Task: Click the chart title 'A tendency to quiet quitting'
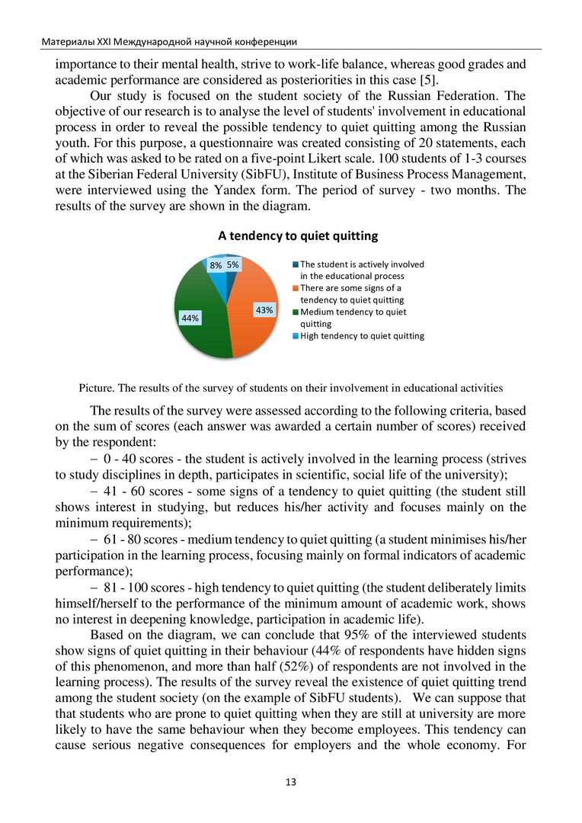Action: (x=298, y=236)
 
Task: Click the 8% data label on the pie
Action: (x=216, y=265)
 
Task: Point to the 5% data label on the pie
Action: (x=233, y=265)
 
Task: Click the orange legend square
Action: (x=296, y=288)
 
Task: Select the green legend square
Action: (x=296, y=312)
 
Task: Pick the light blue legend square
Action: (x=296, y=335)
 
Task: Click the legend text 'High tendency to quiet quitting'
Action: (x=362, y=335)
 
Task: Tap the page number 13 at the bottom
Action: (x=291, y=783)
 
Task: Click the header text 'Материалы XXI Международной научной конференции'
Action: (x=169, y=41)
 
